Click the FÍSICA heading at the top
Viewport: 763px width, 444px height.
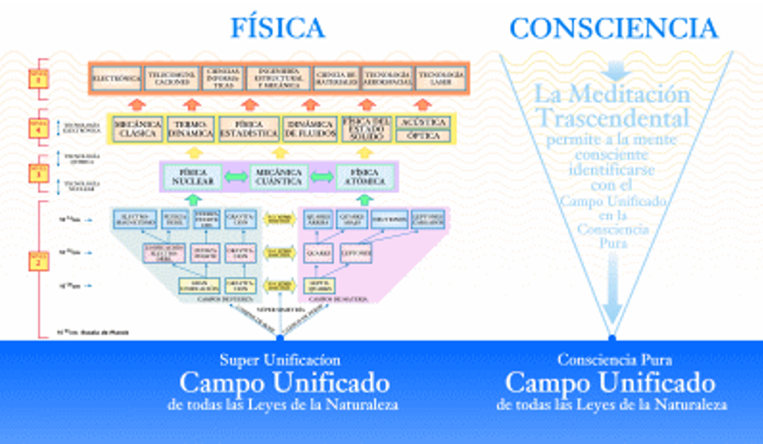pyautogui.click(x=278, y=28)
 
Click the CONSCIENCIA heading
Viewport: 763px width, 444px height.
pyautogui.click(x=613, y=28)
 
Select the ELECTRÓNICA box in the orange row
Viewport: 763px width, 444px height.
pyautogui.click(x=117, y=77)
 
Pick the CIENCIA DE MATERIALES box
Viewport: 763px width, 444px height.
pyautogui.click(x=336, y=77)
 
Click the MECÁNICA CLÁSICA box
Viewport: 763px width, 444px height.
pyautogui.click(x=137, y=128)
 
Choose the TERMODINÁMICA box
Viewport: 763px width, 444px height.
pyautogui.click(x=190, y=128)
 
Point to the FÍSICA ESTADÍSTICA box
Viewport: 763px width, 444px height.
pyautogui.click(x=249, y=128)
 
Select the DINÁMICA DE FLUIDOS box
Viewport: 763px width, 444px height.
pyautogui.click(x=310, y=128)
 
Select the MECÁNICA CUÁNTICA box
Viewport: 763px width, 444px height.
pyautogui.click(x=278, y=177)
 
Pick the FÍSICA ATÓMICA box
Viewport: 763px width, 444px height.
pyautogui.click(x=364, y=177)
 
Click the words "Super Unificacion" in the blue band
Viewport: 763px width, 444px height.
pyautogui.click(x=280, y=361)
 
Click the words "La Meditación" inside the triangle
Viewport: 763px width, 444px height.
pyautogui.click(x=612, y=95)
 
